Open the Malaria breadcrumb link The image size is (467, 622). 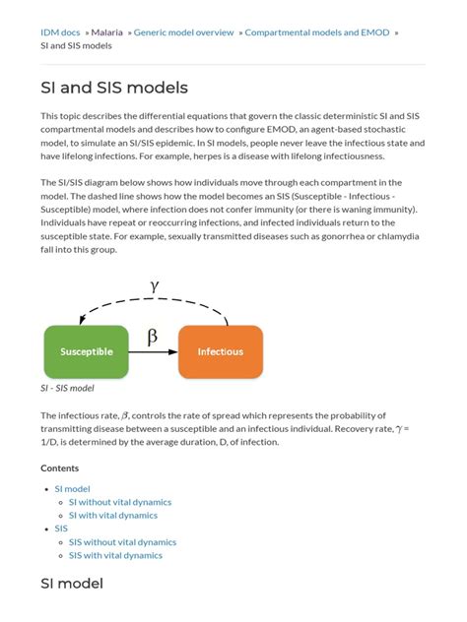[x=107, y=32]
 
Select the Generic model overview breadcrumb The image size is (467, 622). [x=183, y=32]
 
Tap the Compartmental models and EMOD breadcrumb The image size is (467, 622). [x=316, y=32]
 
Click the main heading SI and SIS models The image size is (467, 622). [x=113, y=89]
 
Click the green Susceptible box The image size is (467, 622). [x=86, y=351]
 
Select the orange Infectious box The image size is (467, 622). [x=221, y=351]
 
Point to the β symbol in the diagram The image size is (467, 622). [x=152, y=338]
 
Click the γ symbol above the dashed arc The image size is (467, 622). [x=154, y=285]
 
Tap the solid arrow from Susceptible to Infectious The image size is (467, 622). [x=153, y=352]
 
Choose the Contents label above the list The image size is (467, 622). [x=60, y=467]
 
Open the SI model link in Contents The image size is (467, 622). [x=72, y=488]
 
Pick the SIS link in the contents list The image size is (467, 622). [x=61, y=529]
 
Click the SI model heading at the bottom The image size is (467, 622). [x=72, y=584]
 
